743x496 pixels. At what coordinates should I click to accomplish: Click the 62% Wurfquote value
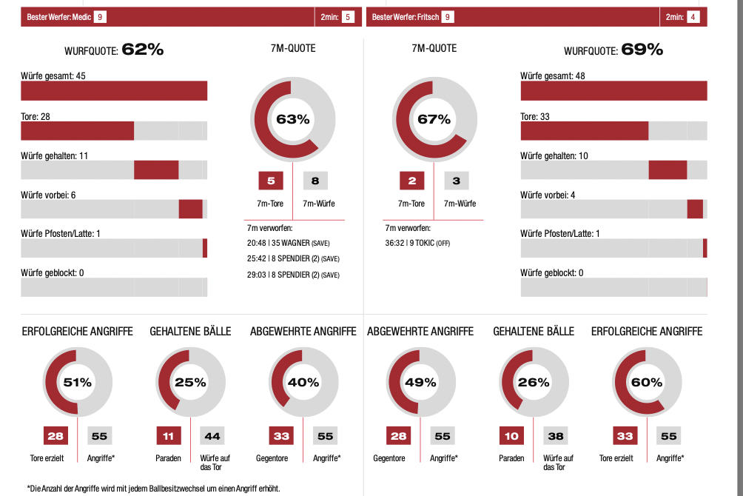(x=142, y=50)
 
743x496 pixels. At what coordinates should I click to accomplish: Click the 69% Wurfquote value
(x=642, y=50)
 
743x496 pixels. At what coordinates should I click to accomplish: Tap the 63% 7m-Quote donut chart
(x=292, y=119)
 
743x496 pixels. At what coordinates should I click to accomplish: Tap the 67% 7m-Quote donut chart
(x=434, y=119)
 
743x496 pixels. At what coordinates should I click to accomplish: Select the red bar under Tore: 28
(x=77, y=130)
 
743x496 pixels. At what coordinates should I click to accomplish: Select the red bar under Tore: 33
(x=584, y=130)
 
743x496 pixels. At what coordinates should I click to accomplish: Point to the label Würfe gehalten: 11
(x=55, y=155)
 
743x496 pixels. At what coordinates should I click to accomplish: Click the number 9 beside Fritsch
(x=448, y=16)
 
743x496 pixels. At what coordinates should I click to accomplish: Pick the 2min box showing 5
(x=348, y=16)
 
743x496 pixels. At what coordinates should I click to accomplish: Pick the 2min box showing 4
(x=693, y=16)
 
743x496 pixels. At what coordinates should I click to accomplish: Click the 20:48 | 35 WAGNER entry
(x=293, y=243)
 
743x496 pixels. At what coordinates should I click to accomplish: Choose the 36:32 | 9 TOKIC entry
(x=418, y=243)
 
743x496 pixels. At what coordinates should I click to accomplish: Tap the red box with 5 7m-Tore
(x=270, y=181)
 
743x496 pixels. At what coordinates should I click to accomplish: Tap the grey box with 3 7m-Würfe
(x=457, y=181)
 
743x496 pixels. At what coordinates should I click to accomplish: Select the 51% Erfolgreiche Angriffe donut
(x=78, y=383)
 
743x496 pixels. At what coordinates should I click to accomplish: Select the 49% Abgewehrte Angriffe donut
(x=420, y=383)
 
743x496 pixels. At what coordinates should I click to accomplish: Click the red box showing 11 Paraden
(x=168, y=436)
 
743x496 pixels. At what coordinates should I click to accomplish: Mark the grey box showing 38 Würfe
(x=556, y=436)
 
